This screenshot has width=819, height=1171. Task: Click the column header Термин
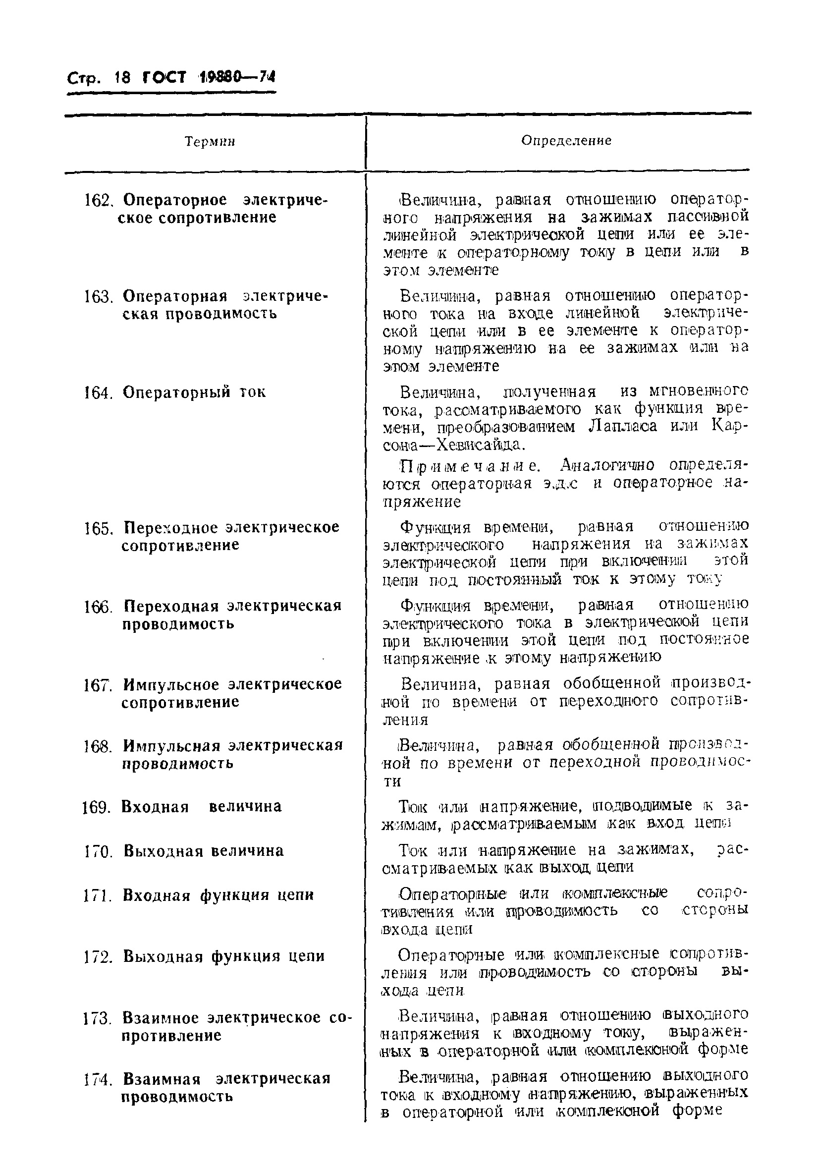[210, 141]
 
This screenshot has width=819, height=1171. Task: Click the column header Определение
[566, 140]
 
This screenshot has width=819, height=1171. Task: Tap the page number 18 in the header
[123, 77]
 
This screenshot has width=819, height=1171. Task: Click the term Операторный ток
[194, 392]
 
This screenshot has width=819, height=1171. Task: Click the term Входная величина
[202, 806]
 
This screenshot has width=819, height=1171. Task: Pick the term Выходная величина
[204, 851]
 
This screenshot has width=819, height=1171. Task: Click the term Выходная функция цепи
[224, 956]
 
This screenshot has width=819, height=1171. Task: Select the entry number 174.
[98, 1080]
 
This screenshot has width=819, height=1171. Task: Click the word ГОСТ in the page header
[163, 77]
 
